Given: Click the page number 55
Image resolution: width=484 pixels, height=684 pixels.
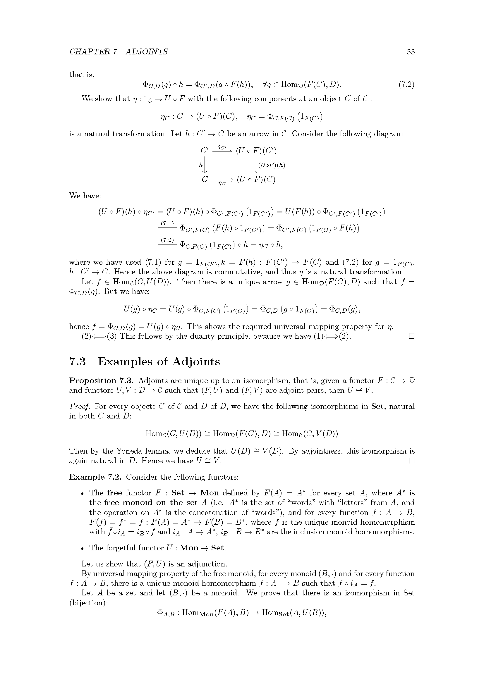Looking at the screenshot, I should [410, 52].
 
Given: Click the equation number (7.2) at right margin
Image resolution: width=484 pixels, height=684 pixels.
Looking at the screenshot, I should [406, 85].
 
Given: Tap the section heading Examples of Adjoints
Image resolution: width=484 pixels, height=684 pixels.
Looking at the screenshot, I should [159, 361].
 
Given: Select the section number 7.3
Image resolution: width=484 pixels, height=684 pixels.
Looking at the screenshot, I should [78, 361].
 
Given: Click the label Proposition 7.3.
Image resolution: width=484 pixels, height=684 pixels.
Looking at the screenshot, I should [102, 380].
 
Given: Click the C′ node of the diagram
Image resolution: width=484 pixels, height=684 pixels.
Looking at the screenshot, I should [205, 151].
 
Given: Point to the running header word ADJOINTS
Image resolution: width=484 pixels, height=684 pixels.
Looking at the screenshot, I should [147, 52].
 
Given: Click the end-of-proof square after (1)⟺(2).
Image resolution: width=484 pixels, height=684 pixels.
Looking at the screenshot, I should [412, 336].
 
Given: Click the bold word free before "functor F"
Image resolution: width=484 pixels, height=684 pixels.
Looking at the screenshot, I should [114, 493].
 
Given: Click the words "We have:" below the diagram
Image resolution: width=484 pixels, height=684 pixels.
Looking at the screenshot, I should [85, 196].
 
